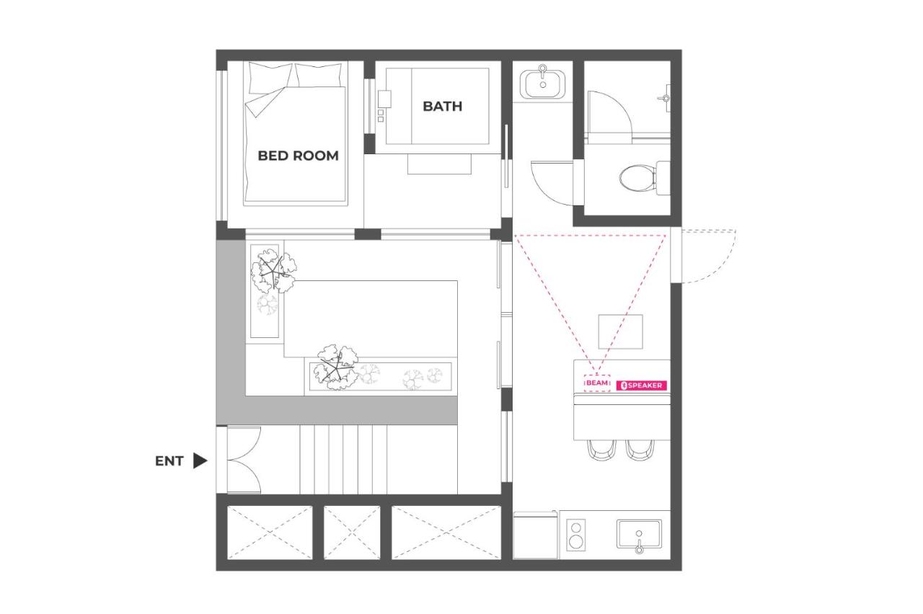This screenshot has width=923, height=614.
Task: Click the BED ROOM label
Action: click(x=298, y=156)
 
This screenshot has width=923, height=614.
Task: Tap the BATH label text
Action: click(x=442, y=106)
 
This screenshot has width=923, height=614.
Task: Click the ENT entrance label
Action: click(x=169, y=461)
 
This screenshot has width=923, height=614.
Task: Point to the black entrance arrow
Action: click(x=200, y=461)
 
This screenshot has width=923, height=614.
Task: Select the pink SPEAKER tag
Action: click(x=643, y=386)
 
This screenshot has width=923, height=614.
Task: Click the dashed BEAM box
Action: click(x=597, y=383)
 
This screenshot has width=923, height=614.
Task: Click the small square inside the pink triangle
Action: click(x=621, y=332)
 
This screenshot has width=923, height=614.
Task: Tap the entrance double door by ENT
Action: click(x=243, y=460)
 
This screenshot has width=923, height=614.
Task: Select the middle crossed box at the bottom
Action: click(x=351, y=532)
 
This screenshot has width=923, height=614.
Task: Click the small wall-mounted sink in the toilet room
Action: click(x=665, y=97)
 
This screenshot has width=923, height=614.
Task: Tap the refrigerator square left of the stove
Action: click(x=535, y=535)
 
